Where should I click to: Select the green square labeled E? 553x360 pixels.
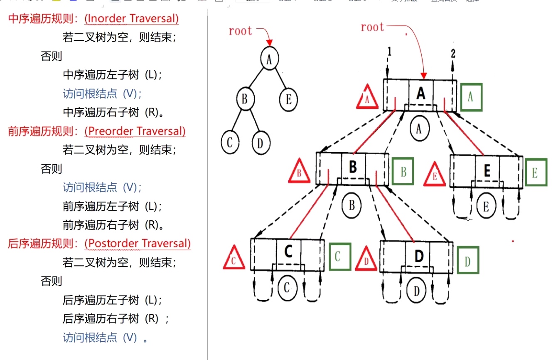(536, 173)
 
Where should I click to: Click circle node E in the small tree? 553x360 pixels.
(288, 100)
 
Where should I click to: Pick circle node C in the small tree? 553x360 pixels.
(230, 142)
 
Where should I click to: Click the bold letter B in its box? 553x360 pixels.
(353, 167)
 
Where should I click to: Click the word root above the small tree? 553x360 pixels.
(241, 31)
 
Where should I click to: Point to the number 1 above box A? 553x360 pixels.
(389, 51)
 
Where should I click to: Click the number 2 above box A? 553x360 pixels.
(453, 53)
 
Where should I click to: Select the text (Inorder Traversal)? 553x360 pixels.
(131, 19)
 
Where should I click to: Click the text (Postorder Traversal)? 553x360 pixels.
(138, 243)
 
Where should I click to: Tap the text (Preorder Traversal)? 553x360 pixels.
(135, 131)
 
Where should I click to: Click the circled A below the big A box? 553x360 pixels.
(419, 129)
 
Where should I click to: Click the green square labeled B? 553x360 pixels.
(403, 171)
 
